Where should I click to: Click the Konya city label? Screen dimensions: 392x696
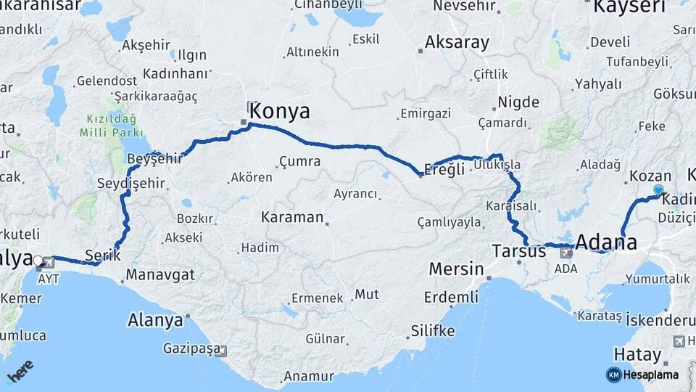click(280, 111)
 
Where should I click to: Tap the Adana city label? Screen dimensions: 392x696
click(606, 242)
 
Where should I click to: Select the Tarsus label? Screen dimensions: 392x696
click(518, 252)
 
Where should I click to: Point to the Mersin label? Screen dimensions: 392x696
click(456, 269)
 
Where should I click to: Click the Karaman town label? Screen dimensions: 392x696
click(291, 217)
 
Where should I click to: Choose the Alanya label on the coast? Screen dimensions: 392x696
click(155, 319)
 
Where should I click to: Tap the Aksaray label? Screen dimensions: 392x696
click(457, 42)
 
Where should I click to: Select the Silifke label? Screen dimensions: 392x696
click(433, 331)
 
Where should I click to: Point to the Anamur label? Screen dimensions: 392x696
click(308, 376)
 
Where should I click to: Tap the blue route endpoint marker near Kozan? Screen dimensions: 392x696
click(658, 190)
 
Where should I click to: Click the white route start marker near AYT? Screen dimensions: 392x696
click(38, 260)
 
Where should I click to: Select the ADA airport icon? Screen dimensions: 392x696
click(567, 253)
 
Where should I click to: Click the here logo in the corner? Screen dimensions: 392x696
click(21, 372)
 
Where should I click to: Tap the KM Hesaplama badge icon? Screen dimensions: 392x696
click(614, 375)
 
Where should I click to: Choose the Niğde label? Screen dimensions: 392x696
click(518, 102)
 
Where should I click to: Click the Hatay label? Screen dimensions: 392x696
click(637, 355)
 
